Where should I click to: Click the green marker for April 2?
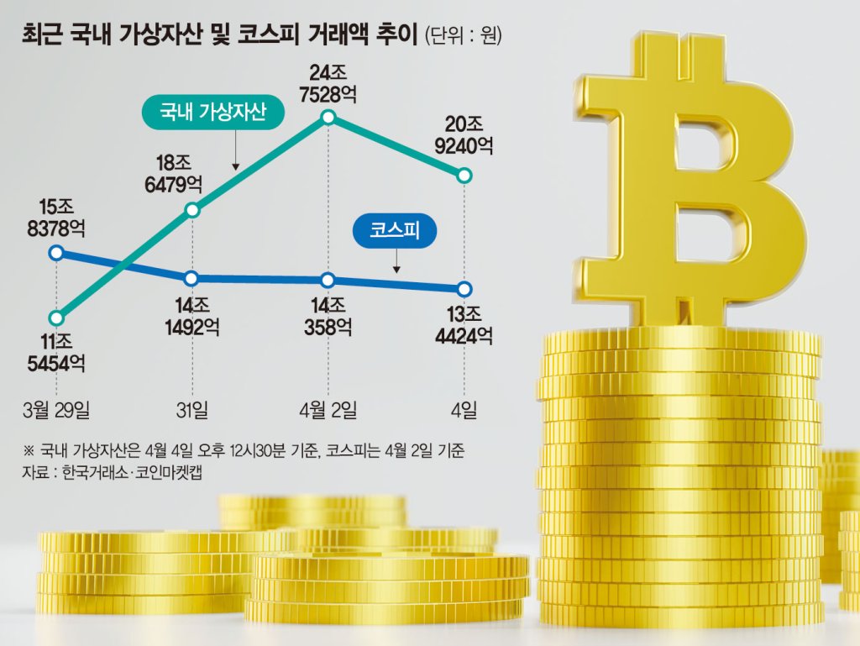click(x=328, y=118)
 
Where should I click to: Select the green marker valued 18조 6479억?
click(x=192, y=210)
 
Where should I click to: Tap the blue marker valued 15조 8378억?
click(x=56, y=253)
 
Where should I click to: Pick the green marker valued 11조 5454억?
click(x=56, y=318)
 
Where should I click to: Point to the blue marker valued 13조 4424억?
click(x=464, y=289)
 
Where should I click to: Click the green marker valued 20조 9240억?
click(x=464, y=176)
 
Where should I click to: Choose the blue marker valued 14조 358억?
click(x=328, y=281)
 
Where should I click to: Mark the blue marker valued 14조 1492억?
click(x=191, y=279)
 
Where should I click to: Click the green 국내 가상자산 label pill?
click(x=212, y=113)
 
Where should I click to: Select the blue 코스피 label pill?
click(x=395, y=231)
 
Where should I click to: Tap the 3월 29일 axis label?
click(x=56, y=410)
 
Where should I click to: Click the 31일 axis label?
click(x=192, y=410)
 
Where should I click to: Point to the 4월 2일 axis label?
click(x=328, y=410)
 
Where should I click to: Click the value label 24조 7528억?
click(x=328, y=84)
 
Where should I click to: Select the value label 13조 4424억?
click(x=464, y=325)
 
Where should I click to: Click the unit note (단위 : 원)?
click(x=464, y=36)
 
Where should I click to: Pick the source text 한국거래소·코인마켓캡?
click(x=132, y=472)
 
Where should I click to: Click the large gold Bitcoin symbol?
click(x=692, y=181)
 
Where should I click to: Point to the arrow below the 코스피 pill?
click(x=396, y=260)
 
